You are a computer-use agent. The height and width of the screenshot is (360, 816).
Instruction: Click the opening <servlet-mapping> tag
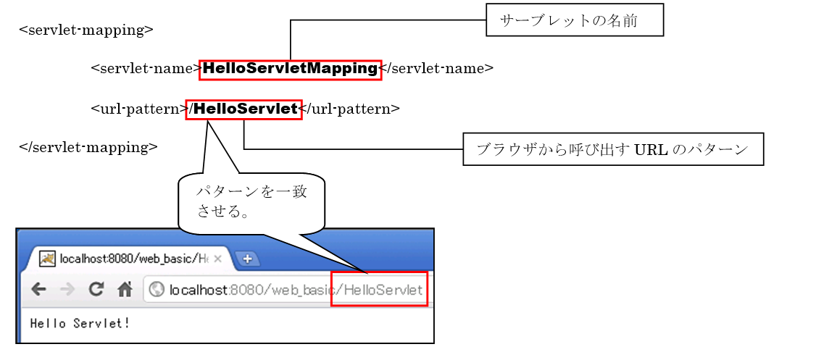point(86,30)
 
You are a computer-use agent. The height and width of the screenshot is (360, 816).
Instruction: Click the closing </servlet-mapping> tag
point(88,147)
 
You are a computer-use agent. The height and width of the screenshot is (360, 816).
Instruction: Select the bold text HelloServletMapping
point(290,69)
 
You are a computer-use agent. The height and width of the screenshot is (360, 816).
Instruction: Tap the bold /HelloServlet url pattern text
point(243,109)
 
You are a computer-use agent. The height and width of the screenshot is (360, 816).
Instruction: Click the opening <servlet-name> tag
point(146,69)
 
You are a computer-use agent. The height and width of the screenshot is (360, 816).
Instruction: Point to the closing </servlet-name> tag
point(437,69)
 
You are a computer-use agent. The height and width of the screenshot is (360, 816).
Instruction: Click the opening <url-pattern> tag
point(138,109)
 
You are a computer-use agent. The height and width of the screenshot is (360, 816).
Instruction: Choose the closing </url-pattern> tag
point(350,109)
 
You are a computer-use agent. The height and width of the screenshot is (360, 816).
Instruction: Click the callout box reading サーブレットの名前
point(575,22)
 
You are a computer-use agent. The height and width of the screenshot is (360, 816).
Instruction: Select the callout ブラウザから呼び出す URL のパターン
point(612,149)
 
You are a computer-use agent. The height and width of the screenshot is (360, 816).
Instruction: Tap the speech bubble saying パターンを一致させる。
point(251,203)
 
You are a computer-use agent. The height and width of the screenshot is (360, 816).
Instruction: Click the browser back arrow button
point(38,290)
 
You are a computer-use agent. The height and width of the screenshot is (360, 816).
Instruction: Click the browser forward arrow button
point(67,290)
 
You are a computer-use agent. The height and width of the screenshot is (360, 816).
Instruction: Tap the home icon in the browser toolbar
point(125,290)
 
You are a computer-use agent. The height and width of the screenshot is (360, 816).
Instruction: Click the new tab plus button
point(246,259)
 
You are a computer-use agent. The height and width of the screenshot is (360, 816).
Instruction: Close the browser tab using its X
point(218,259)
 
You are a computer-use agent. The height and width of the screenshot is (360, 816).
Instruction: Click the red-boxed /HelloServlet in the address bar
point(379,290)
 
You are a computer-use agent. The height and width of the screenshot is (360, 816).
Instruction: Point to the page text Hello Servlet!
point(80,323)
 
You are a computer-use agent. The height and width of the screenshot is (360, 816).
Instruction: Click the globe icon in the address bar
point(156,290)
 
